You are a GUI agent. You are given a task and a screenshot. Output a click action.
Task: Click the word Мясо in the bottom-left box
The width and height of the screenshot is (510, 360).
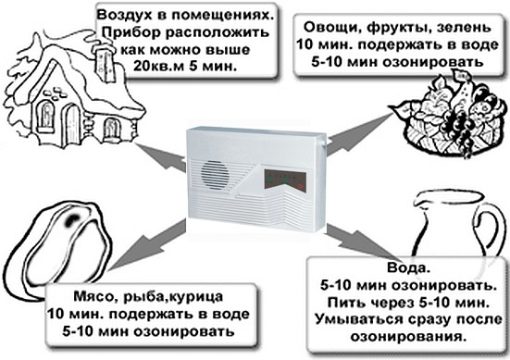pyautogui.click(x=89, y=297)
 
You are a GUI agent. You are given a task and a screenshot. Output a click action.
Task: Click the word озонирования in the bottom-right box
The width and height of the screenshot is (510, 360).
pyautogui.click(x=406, y=337)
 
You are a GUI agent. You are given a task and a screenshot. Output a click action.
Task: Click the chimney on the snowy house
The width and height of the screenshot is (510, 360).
pyautogui.click(x=105, y=62)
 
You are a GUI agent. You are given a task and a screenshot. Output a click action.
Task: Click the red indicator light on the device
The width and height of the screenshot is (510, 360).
pyautogui.click(x=301, y=186)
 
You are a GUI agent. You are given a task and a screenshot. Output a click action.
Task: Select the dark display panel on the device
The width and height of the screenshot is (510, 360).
pyautogui.click(x=285, y=180)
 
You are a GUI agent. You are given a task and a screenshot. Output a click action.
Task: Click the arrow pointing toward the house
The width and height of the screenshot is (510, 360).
pyautogui.click(x=160, y=156)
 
